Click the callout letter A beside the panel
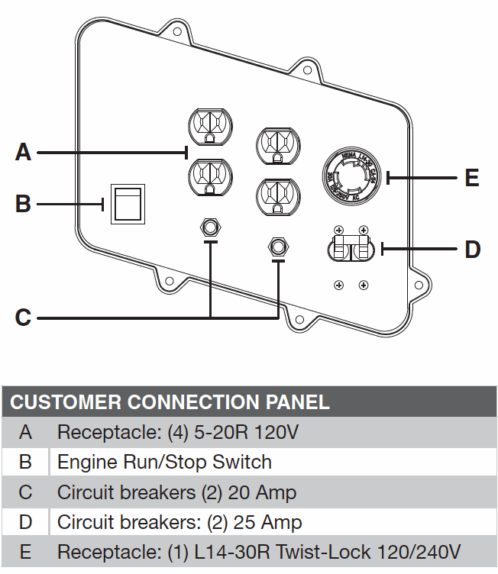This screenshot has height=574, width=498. tap(24, 152)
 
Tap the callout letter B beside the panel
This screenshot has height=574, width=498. tap(24, 204)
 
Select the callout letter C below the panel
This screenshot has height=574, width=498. tap(24, 316)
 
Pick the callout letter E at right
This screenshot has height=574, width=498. tap(472, 178)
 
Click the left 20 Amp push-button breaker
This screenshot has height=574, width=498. tap(209, 227)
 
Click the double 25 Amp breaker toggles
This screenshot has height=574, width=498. tap(352, 249)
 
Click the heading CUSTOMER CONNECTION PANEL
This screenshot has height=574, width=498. tap(170, 402)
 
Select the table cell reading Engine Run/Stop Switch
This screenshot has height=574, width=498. tap(164, 462)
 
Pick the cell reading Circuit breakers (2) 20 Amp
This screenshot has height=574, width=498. tap(176, 492)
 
